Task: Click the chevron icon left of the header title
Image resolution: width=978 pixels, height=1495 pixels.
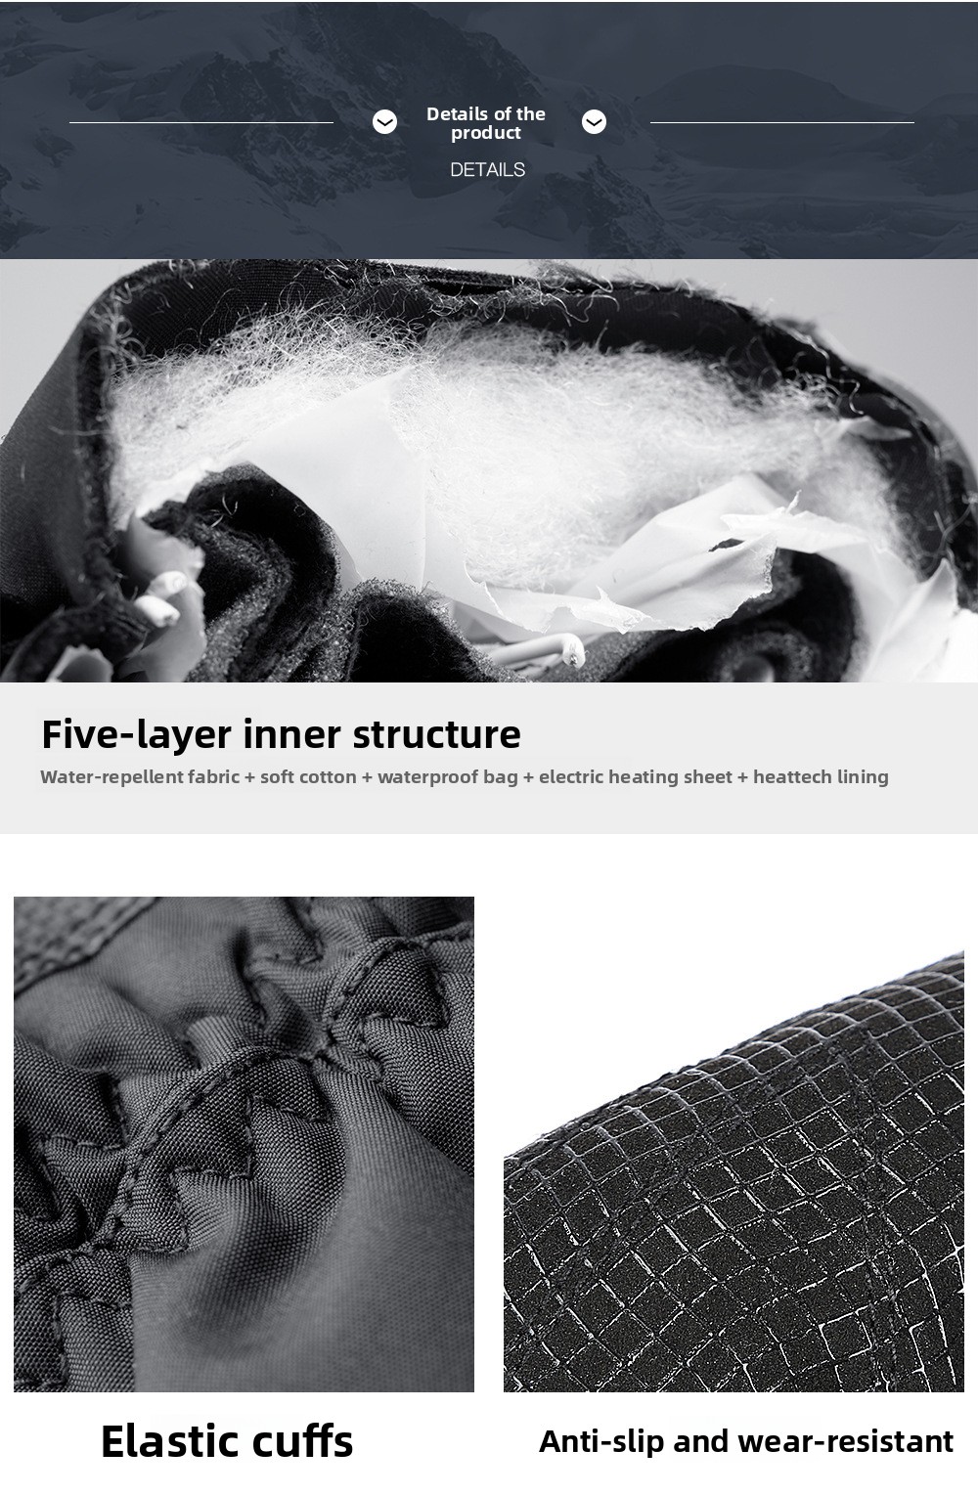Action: click(x=384, y=122)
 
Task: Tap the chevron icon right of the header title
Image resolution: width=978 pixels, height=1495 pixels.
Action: click(x=595, y=122)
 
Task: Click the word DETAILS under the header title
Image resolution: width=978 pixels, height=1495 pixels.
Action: click(x=487, y=170)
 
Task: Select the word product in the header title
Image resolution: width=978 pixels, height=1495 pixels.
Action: click(x=486, y=134)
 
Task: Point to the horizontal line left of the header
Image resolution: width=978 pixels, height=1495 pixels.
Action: click(x=201, y=123)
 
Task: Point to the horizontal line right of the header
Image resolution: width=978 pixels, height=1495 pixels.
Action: click(x=782, y=123)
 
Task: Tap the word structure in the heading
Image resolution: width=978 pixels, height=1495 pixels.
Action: click(x=436, y=735)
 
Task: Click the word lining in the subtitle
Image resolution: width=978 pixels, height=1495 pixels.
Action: click(x=865, y=777)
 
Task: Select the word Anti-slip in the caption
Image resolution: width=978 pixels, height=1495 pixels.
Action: click(x=602, y=1442)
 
